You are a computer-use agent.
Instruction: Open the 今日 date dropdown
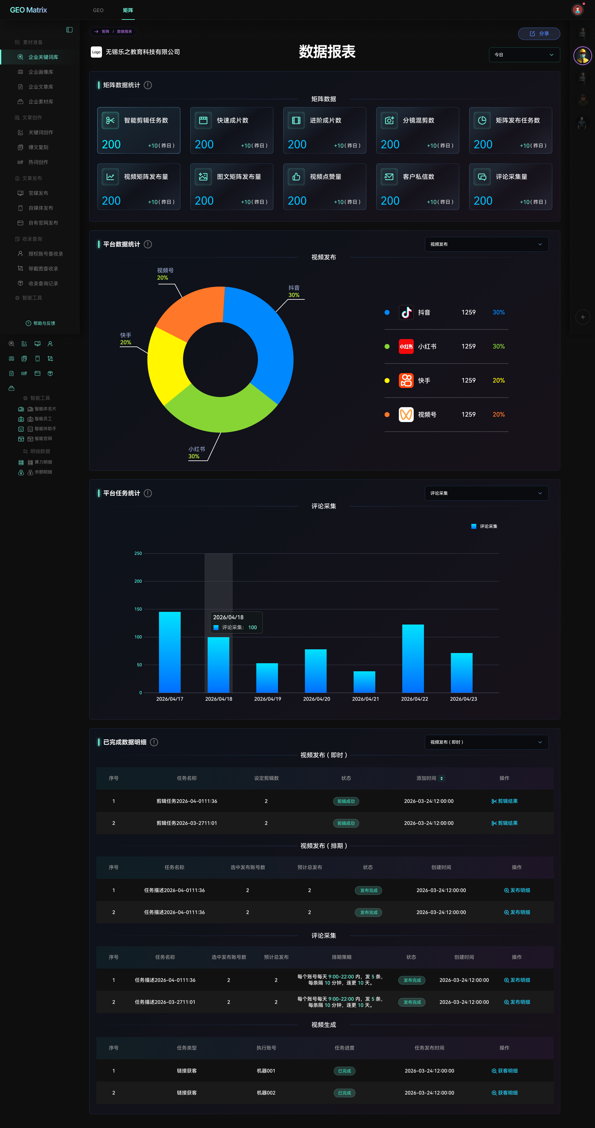click(524, 55)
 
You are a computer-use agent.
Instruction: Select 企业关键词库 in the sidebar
click(43, 57)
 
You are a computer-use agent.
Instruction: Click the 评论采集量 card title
click(511, 177)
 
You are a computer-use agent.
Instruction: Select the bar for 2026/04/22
click(413, 659)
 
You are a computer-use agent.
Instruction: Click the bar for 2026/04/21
click(364, 682)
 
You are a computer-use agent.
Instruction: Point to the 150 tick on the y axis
click(138, 609)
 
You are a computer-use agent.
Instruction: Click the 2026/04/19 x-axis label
click(268, 699)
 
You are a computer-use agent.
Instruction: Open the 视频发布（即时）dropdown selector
click(486, 742)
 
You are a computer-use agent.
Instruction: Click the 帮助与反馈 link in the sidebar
click(40, 324)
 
